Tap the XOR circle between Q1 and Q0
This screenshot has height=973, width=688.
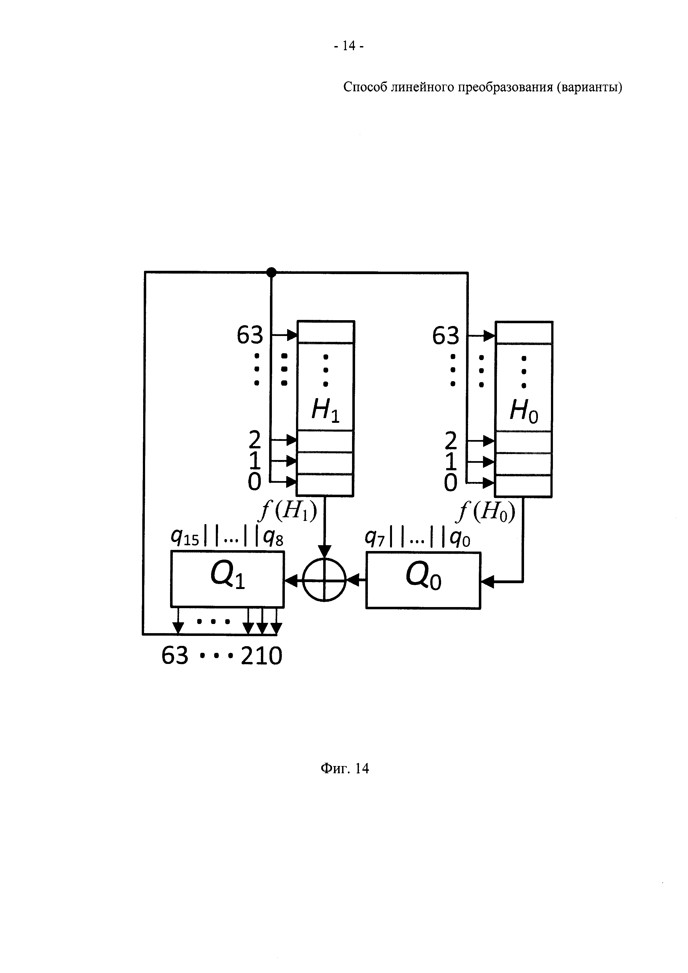point(325,580)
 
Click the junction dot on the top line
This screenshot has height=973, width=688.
point(271,272)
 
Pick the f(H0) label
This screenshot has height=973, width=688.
point(486,513)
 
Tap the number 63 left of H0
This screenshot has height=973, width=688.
point(446,336)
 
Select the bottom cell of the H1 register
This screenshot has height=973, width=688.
point(325,484)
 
